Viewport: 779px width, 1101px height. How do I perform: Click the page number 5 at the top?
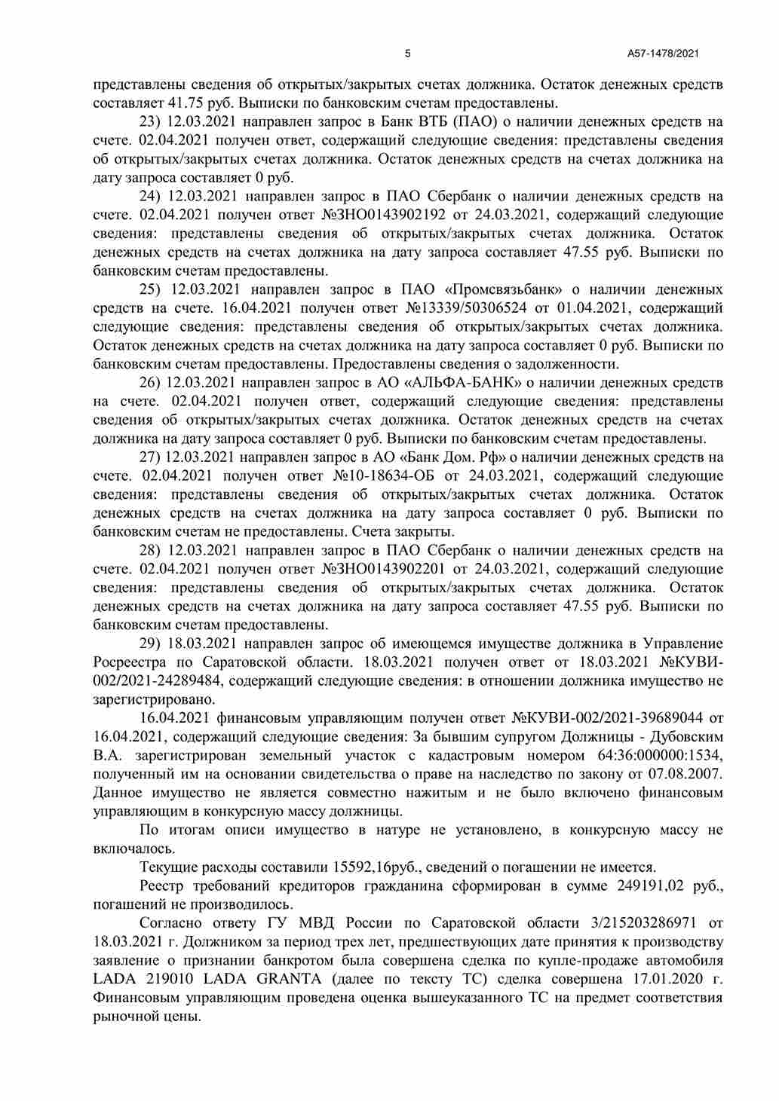(408, 54)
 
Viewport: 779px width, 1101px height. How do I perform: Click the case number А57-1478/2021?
(663, 54)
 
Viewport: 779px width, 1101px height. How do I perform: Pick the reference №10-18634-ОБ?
(385, 476)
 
